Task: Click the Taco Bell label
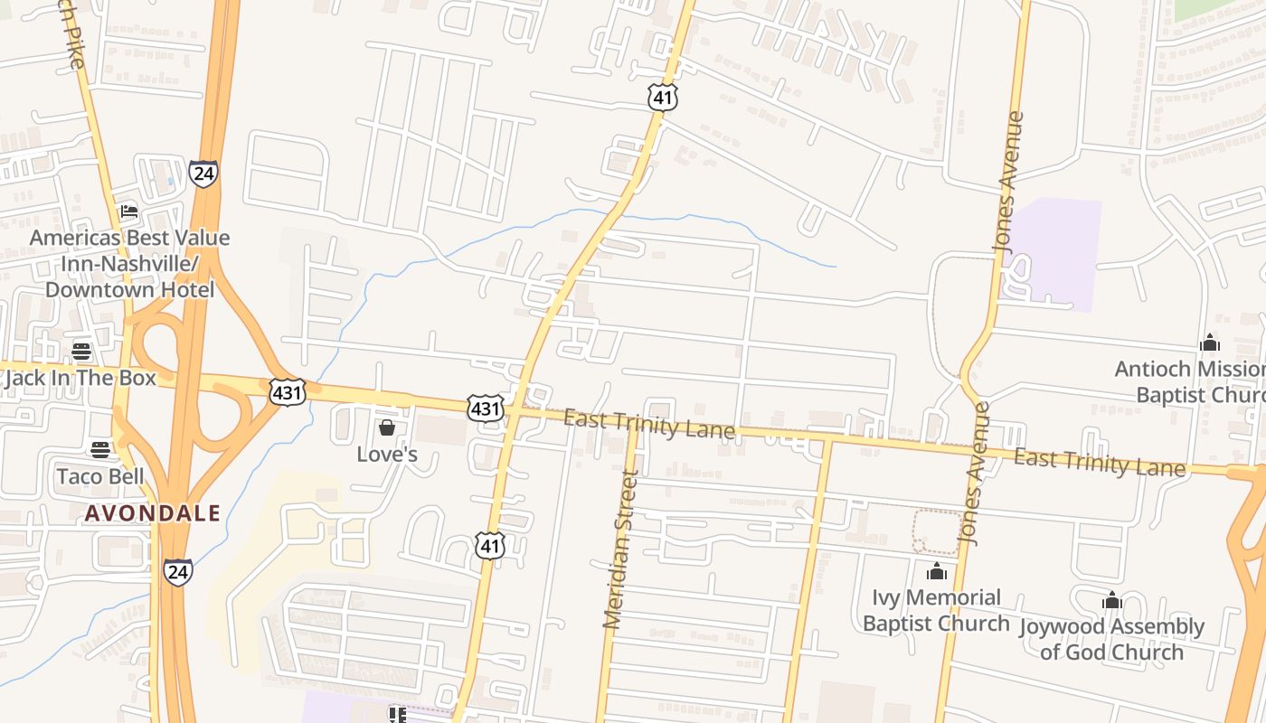click(100, 476)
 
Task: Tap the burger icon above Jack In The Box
click(81, 352)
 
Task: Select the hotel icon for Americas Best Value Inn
click(129, 212)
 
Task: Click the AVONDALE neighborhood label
click(153, 513)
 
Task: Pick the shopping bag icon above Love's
click(387, 427)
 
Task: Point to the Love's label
click(387, 454)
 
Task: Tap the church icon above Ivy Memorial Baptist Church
click(937, 572)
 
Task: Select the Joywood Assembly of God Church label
click(1111, 639)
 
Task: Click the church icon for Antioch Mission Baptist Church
click(1210, 343)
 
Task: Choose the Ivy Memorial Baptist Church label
click(936, 610)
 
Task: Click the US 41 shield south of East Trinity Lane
click(489, 544)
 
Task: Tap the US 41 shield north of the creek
click(662, 98)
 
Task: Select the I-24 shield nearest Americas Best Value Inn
click(203, 174)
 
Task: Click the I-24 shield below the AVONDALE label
click(178, 571)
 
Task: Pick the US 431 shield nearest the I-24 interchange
click(287, 391)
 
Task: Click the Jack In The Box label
click(80, 378)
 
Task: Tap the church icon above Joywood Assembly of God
click(1112, 601)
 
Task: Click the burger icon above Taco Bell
click(100, 450)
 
